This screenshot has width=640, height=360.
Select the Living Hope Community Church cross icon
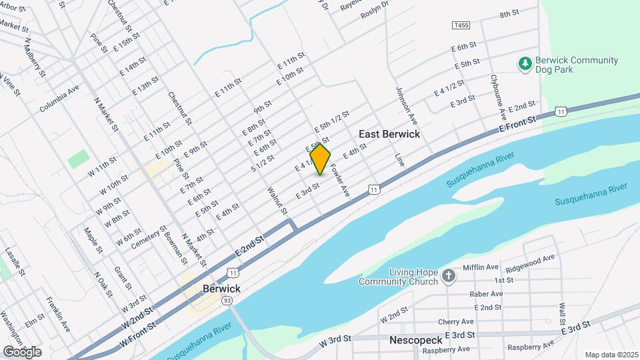(x=449, y=275)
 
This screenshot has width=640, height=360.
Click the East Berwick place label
(x=389, y=134)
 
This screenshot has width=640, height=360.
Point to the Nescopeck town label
(x=415, y=341)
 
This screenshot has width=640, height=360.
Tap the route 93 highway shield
(x=227, y=301)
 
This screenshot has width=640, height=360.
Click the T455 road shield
(x=459, y=25)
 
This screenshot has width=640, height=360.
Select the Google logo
(x=22, y=351)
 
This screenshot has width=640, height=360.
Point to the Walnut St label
(x=277, y=201)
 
